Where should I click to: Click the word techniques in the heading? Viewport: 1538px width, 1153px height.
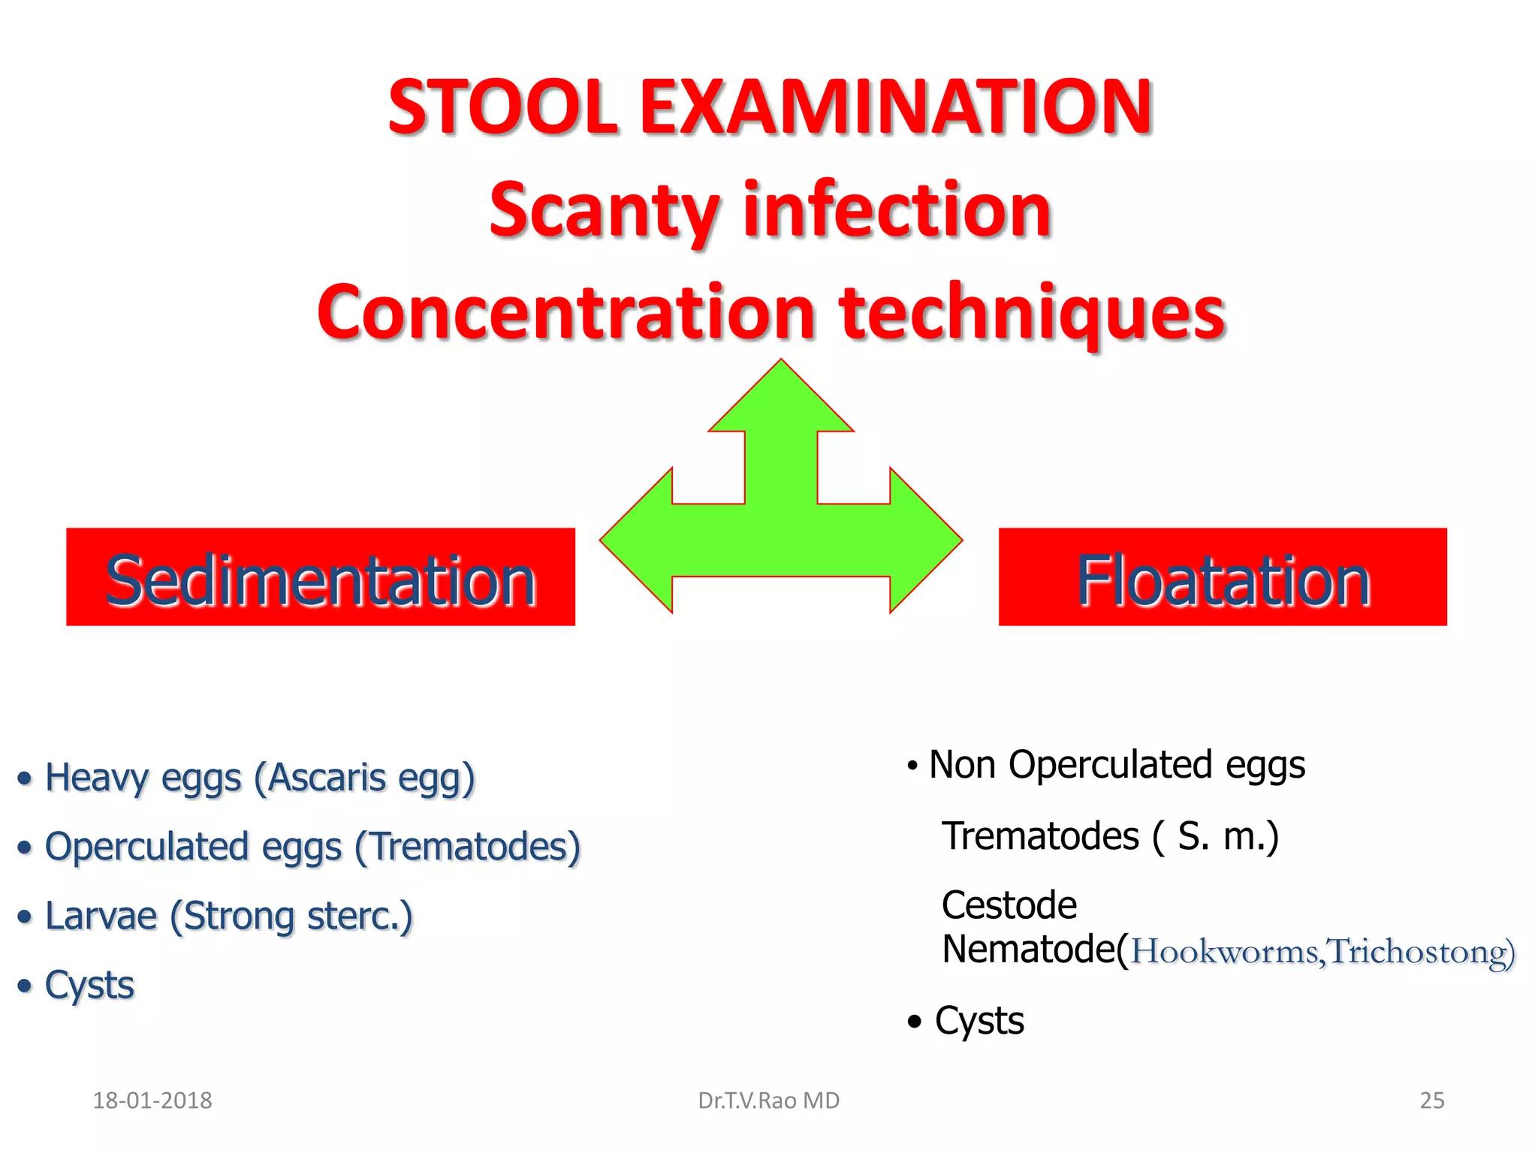(1033, 313)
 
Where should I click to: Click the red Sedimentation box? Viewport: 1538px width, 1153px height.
(321, 576)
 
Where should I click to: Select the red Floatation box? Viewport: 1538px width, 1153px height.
(1222, 576)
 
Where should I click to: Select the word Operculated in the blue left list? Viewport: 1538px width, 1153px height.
(147, 847)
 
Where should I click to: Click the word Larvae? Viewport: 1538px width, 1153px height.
(101, 917)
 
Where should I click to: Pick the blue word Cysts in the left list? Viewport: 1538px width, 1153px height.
(89, 986)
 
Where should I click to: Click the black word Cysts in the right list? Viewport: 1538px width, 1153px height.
(979, 1021)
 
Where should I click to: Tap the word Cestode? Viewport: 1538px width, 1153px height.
(1009, 905)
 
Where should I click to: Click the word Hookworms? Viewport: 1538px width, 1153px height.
(1224, 952)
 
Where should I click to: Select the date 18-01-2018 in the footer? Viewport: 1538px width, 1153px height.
(152, 1100)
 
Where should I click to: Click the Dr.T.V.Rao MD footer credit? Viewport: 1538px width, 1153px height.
(768, 1100)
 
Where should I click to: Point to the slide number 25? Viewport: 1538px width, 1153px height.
(1431, 1100)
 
